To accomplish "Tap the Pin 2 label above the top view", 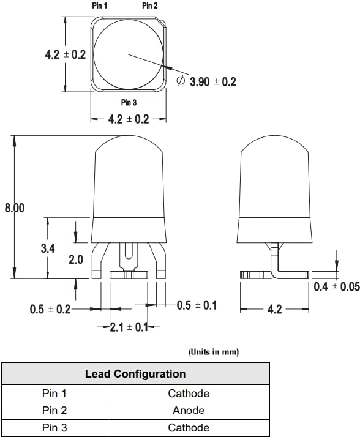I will tap(150, 6).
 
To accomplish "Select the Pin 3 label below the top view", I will tap(129, 102).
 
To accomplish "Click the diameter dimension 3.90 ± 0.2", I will tap(212, 82).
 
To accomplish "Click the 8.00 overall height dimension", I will tap(15, 208).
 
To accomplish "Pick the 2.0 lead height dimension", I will tap(75, 260).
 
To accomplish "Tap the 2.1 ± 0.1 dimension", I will tap(129, 327).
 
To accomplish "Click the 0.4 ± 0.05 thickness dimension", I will tap(336, 286).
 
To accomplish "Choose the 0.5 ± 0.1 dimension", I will tap(197, 305).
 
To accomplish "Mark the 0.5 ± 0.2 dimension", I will tap(50, 310).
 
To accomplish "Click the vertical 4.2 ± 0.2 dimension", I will tap(66, 54).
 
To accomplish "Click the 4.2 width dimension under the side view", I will tap(275, 310).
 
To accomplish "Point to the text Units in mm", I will tap(214, 352).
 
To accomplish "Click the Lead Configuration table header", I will tap(135, 373).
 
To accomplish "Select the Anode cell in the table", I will tap(189, 411).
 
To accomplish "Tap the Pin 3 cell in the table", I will tap(54, 428).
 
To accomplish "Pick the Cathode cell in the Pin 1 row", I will tap(189, 394).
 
